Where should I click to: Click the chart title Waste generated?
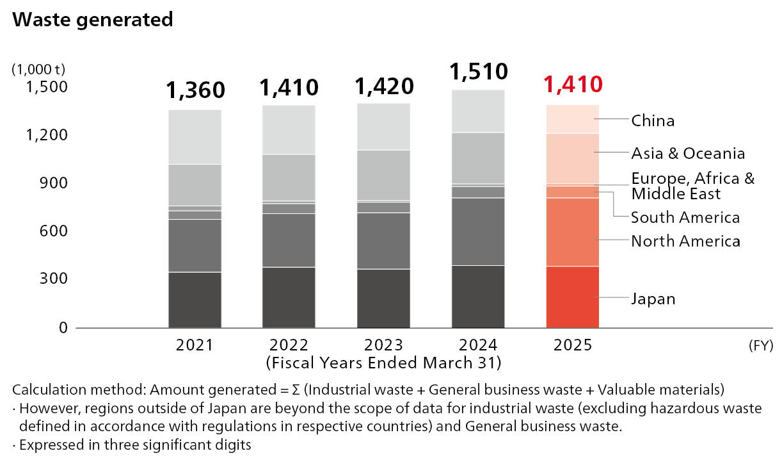(x=93, y=20)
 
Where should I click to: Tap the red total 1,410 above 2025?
(x=573, y=85)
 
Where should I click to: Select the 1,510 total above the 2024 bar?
(x=479, y=72)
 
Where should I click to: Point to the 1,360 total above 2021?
(x=195, y=90)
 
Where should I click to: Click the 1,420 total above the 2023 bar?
(x=384, y=86)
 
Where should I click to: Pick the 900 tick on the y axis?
(x=54, y=183)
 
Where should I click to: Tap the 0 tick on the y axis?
(x=63, y=327)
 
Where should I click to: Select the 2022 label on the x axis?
(x=289, y=345)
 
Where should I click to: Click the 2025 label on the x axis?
(x=572, y=345)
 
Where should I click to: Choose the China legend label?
(x=653, y=120)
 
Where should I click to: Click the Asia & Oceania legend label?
(x=688, y=154)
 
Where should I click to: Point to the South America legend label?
(x=685, y=218)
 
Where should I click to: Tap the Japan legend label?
(x=653, y=299)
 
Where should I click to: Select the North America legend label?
(x=685, y=242)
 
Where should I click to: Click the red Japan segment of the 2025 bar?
(x=572, y=297)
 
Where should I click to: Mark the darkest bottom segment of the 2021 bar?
(x=195, y=300)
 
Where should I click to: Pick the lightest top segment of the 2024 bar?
(x=478, y=111)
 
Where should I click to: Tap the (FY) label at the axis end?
(x=761, y=346)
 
